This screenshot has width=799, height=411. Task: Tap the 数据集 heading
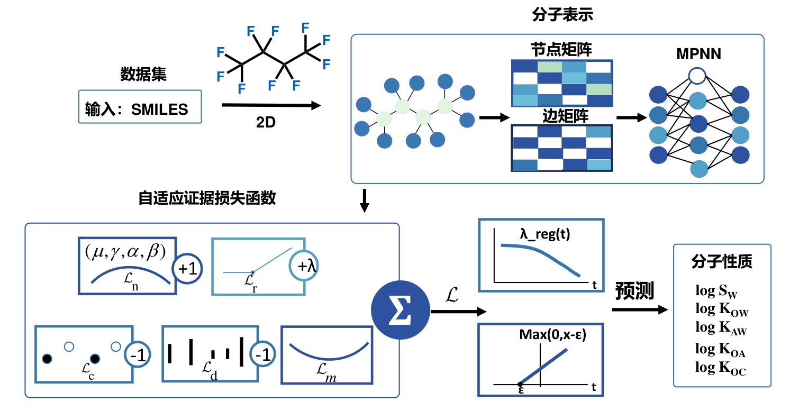click(143, 75)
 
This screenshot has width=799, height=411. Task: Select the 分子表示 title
click(562, 14)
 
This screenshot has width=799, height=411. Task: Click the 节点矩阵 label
click(561, 50)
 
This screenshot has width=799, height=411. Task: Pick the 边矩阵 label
click(562, 116)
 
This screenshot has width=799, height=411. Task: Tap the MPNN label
click(698, 54)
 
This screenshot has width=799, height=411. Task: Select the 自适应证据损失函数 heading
click(206, 198)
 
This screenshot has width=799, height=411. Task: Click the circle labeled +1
click(188, 269)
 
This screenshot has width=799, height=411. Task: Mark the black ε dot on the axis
click(520, 383)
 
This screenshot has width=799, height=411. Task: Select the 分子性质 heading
click(722, 262)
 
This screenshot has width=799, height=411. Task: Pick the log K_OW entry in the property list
click(722, 309)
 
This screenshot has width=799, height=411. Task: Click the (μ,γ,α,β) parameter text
click(126, 251)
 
